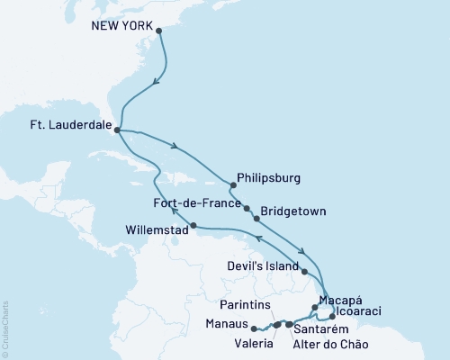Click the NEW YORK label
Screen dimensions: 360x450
pos(122,26)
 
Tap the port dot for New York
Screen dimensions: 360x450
pos(159,31)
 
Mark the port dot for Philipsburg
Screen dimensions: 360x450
pos(231,186)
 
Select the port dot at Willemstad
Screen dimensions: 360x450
pos(193,225)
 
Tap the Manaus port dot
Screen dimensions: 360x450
pos(254,328)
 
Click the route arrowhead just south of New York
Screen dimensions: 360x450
pos(157,83)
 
